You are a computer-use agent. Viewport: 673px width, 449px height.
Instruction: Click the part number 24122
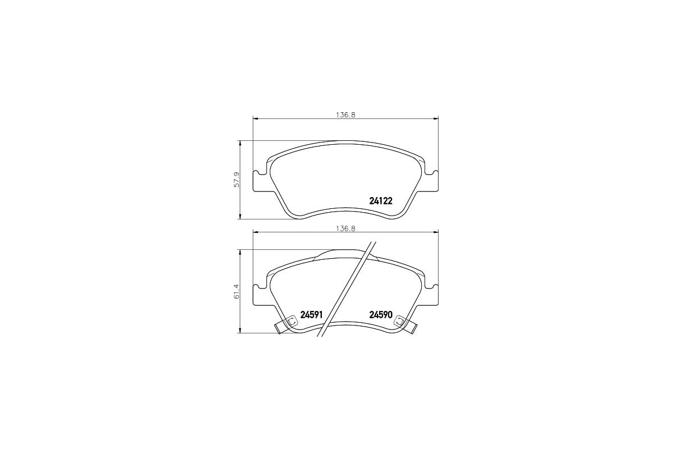380,201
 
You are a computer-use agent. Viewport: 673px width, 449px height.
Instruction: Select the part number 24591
311,315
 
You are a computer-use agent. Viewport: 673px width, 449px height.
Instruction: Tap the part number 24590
380,315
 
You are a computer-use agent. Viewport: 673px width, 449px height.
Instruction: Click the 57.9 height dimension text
237,180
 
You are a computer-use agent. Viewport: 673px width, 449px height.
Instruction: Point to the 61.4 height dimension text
237,291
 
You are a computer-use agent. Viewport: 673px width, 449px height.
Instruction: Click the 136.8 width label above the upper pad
346,114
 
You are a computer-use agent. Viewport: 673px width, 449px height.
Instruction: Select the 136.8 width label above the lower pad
346,228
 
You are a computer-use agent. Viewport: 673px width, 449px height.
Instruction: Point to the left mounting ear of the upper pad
259,181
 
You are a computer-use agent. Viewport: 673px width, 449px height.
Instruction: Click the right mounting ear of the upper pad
432,181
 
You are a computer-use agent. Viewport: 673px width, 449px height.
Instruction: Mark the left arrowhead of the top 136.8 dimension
256,118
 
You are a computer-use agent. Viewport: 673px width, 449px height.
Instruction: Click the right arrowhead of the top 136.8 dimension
436,118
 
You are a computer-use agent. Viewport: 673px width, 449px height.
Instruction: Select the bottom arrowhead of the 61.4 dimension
241,331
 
